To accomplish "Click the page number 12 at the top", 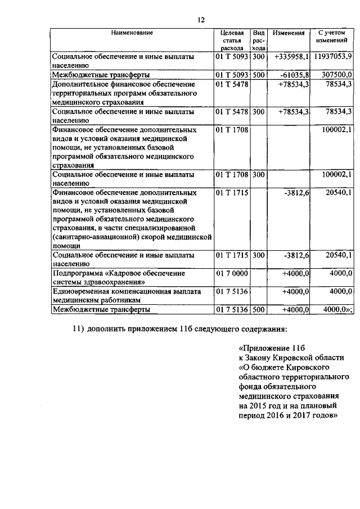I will [x=200, y=20].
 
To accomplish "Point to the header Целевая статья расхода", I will [x=232, y=41].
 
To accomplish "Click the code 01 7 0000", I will [x=232, y=273].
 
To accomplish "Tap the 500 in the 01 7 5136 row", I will [x=258, y=309].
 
